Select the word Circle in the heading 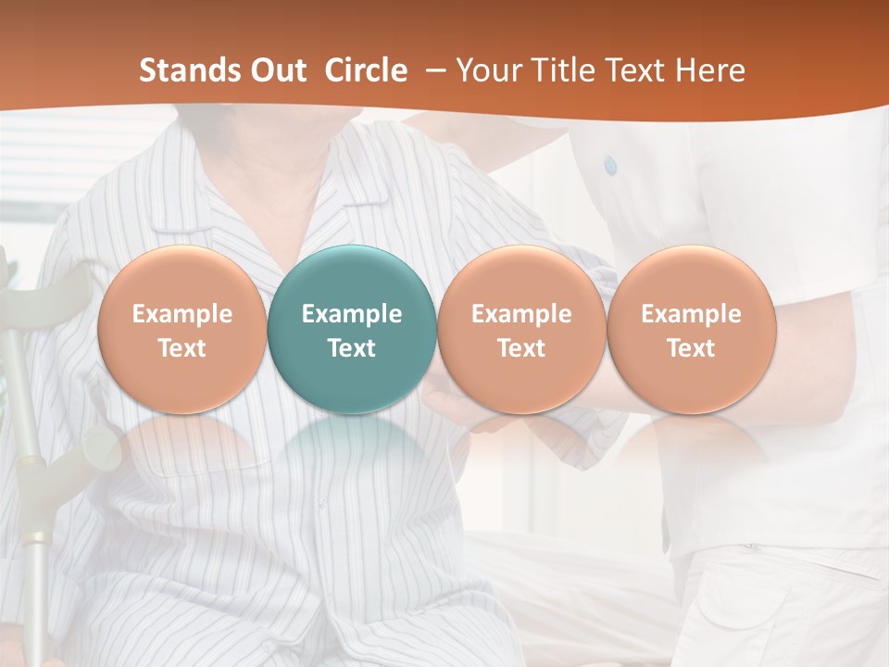coord(366,70)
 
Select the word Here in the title coord(712,70)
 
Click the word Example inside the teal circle coord(352,314)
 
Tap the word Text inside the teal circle coord(352,348)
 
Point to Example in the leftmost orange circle coord(182,314)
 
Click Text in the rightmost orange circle coord(691,348)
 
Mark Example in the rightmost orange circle coord(691,314)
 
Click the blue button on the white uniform coord(610,165)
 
